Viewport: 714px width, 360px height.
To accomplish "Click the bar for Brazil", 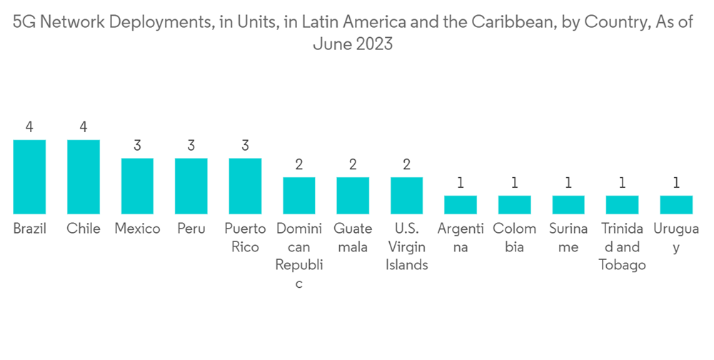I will point(30,177).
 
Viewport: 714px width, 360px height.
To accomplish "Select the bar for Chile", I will point(84,177).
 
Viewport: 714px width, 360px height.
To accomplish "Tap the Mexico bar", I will point(137,186).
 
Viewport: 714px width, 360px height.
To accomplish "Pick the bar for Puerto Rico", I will point(245,186).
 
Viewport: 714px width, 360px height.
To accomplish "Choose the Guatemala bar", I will point(353,196).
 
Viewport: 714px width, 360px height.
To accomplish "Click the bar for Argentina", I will point(461,205).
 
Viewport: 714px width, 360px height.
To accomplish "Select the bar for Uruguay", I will point(676,205).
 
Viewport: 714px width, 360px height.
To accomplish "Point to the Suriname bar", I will point(568,205).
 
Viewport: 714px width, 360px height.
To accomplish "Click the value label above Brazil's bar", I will point(30,127).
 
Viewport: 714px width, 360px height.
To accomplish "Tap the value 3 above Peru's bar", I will point(191,146).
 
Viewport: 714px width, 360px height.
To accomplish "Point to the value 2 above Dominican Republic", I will point(299,164).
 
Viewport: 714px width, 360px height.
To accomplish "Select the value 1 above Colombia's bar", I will point(514,183).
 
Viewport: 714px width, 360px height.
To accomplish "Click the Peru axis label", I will point(191,229).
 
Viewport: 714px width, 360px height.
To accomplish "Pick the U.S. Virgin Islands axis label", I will point(407,247).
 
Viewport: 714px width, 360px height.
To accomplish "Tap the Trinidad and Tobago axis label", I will point(623,247).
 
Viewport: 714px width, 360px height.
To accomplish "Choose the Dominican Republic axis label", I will point(299,256).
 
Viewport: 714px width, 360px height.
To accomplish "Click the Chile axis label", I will point(84,229).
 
